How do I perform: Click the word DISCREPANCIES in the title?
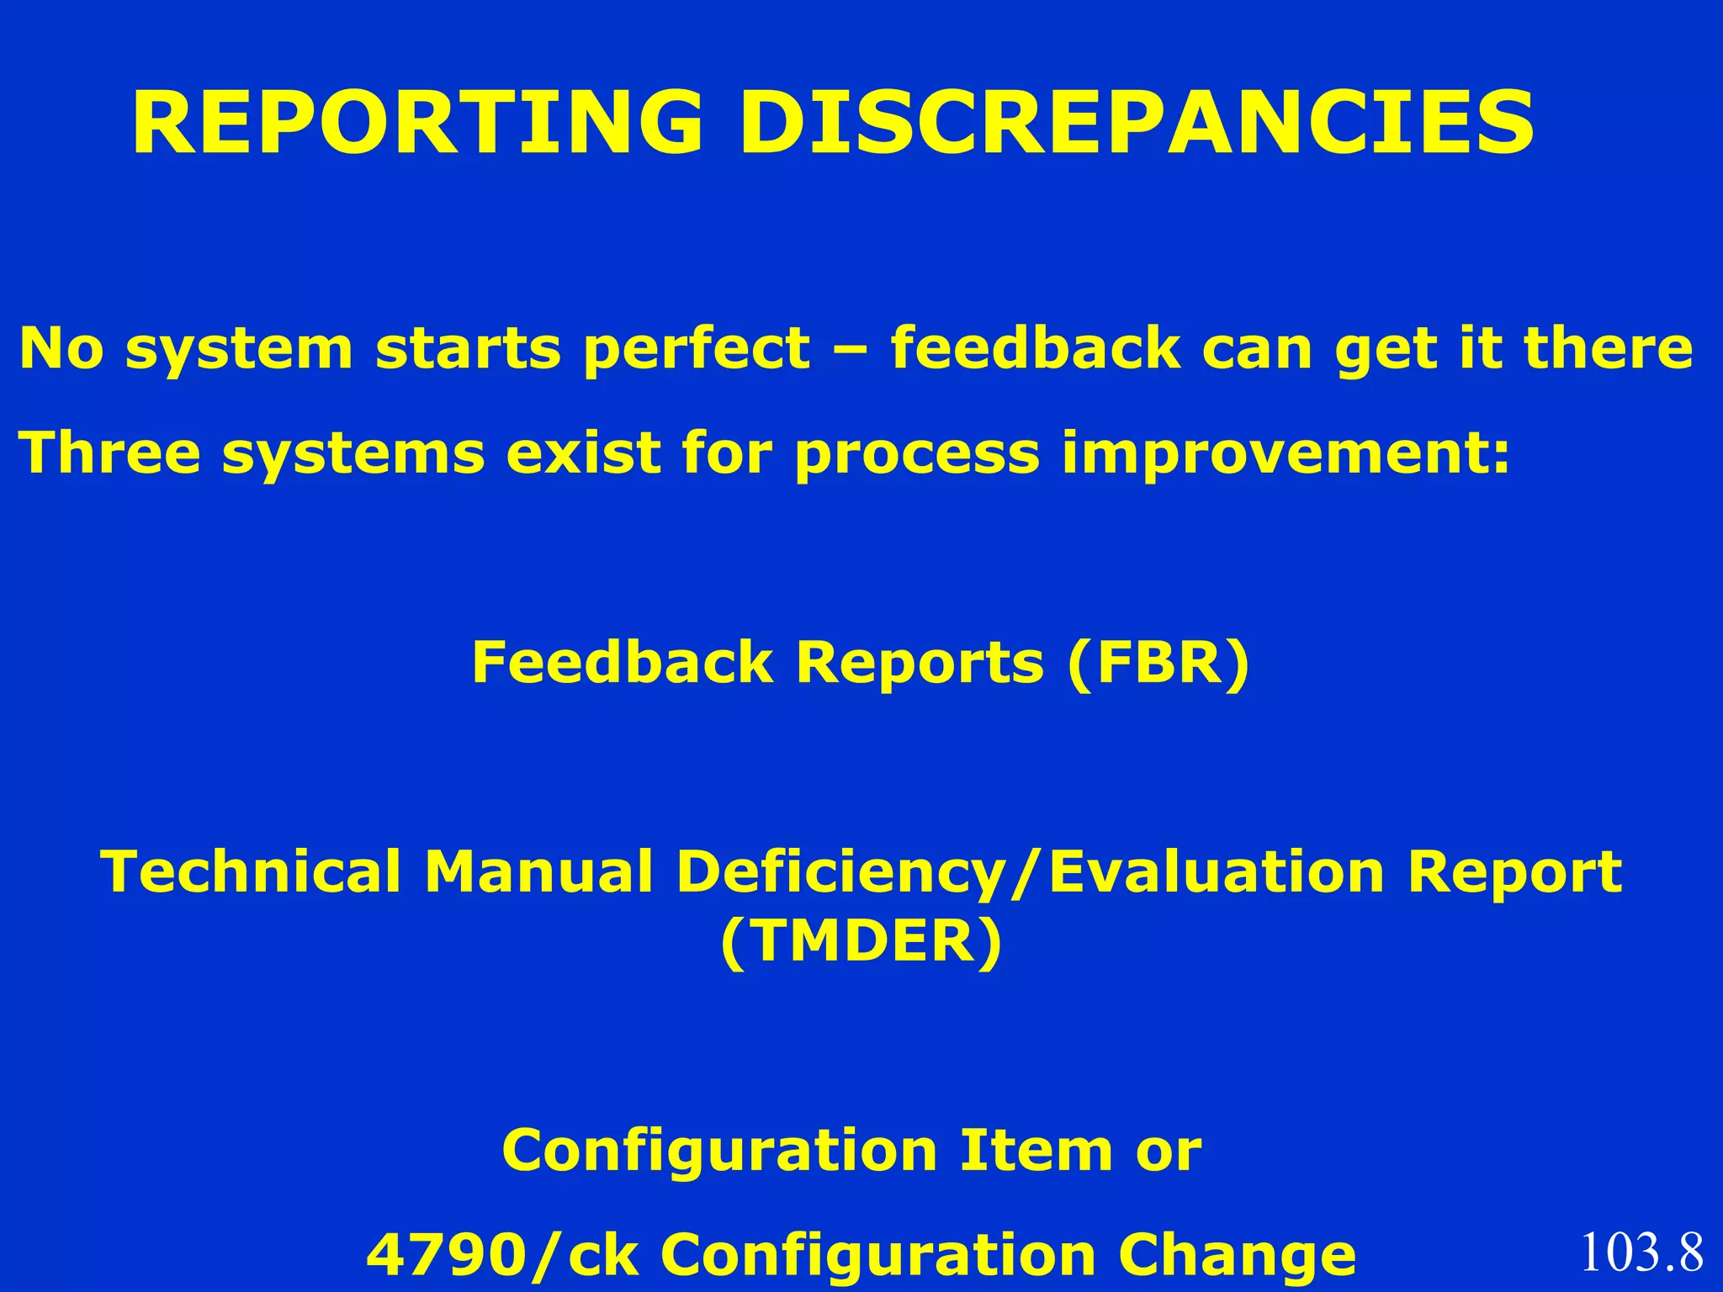[x=1136, y=124]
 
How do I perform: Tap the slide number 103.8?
[x=1641, y=1252]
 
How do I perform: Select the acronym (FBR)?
[x=1158, y=663]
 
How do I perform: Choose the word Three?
[x=109, y=453]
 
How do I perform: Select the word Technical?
[x=251, y=871]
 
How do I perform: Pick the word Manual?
[x=538, y=871]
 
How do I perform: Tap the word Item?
[x=1036, y=1151]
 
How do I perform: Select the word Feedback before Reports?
[x=622, y=663]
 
